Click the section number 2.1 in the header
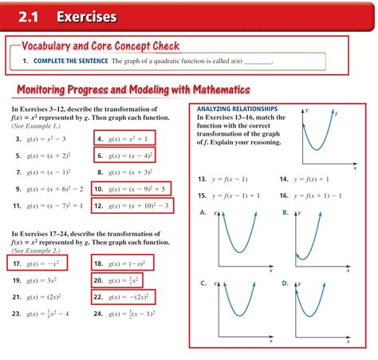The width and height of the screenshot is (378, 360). coord(30,16)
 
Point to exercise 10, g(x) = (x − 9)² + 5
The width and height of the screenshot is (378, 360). coord(130,189)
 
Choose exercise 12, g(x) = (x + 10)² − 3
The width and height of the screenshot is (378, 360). coord(132,206)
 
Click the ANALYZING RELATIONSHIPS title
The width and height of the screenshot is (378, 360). coord(237,108)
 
